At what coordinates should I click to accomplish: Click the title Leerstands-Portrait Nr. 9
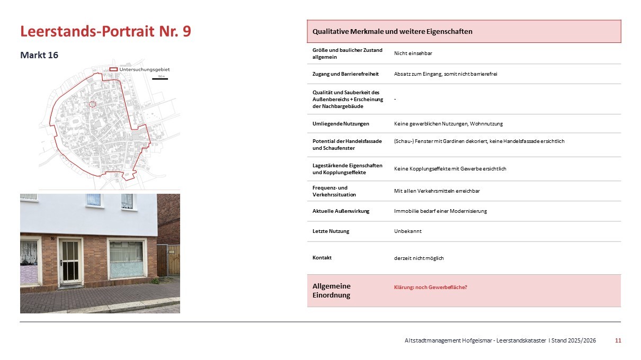click(105, 31)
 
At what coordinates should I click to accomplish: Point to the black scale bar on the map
click(160, 79)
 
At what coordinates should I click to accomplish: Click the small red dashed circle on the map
click(92, 104)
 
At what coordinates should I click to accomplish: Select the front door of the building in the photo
click(70, 261)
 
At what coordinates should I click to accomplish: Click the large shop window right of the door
click(126, 259)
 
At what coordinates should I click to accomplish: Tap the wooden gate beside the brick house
click(168, 260)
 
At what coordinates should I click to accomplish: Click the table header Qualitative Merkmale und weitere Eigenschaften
click(393, 31)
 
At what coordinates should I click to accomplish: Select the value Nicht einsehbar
click(409, 53)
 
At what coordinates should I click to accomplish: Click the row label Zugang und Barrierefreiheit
click(345, 74)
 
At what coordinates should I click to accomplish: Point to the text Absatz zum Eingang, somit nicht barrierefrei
click(446, 74)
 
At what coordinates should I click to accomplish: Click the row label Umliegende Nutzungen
click(341, 123)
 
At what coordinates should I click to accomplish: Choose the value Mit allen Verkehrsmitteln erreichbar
click(437, 191)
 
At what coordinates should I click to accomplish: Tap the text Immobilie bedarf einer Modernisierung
click(440, 211)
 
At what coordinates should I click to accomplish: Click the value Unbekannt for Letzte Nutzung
click(408, 231)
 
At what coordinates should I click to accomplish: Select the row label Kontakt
click(322, 257)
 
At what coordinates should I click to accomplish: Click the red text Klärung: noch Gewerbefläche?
click(431, 287)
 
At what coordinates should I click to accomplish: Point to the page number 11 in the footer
click(618, 340)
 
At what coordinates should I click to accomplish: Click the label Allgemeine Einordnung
click(332, 290)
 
